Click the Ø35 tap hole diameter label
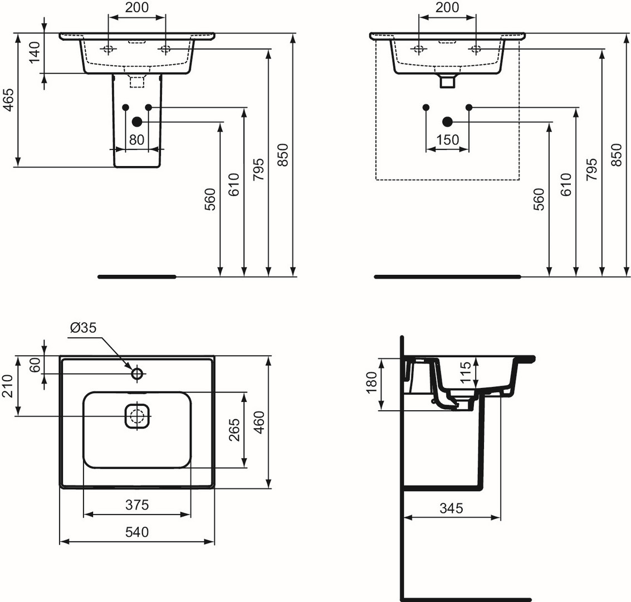(x=84, y=328)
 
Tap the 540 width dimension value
(x=137, y=532)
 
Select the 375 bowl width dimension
(x=137, y=504)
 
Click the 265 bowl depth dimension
(x=234, y=430)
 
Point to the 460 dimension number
(x=260, y=422)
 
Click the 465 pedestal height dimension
(x=8, y=99)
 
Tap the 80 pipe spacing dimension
(x=137, y=140)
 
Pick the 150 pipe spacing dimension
(x=448, y=140)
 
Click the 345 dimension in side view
(x=452, y=508)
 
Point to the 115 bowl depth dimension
(x=465, y=372)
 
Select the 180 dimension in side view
(x=371, y=383)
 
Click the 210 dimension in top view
(x=8, y=386)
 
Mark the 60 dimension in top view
(x=35, y=365)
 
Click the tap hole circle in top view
(x=137, y=373)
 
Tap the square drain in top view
(x=137, y=416)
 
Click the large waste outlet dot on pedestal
(x=137, y=121)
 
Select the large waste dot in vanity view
(x=448, y=121)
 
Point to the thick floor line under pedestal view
(x=137, y=276)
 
